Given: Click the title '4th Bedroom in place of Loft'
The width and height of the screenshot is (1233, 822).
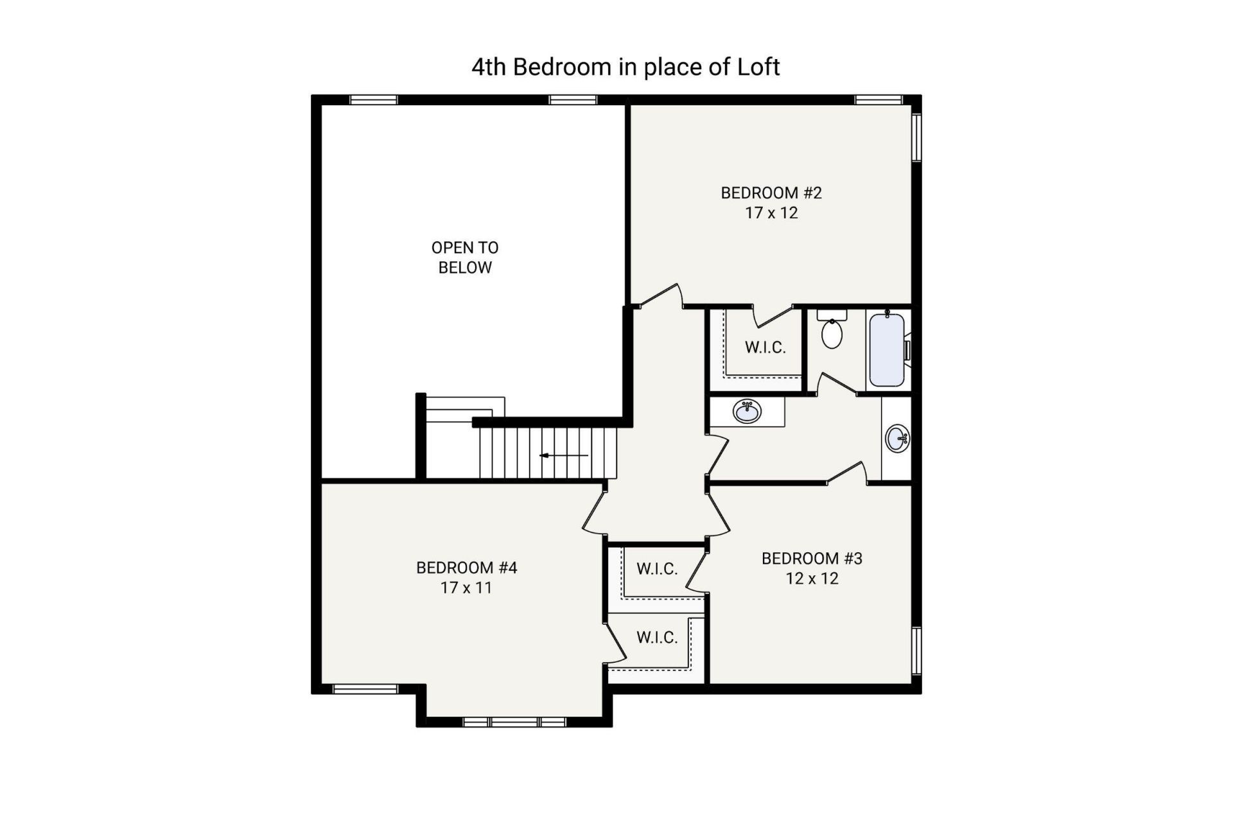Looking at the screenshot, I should click(x=625, y=67).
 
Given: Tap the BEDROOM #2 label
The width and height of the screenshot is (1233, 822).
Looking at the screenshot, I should click(x=771, y=193).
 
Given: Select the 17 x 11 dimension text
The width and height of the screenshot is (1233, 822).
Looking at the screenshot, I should click(x=466, y=588).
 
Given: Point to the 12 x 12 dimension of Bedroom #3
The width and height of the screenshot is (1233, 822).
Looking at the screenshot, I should click(x=812, y=579).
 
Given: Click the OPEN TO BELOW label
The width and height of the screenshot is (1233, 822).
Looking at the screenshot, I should click(x=464, y=258).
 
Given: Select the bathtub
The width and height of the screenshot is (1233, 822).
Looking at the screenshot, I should click(x=887, y=350).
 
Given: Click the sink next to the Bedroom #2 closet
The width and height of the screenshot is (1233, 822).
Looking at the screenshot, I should click(x=747, y=411).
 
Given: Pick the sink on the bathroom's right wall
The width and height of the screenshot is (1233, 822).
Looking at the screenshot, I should click(x=896, y=439).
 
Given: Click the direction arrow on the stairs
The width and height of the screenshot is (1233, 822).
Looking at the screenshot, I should click(x=563, y=455).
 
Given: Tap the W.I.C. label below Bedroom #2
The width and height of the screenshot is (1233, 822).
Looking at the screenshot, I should click(x=765, y=347).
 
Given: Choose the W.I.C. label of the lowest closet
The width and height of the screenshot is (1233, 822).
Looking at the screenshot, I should click(x=657, y=637).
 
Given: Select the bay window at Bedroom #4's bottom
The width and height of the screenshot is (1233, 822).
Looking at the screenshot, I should click(x=514, y=722).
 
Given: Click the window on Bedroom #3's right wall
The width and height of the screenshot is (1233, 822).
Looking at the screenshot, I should click(x=916, y=651).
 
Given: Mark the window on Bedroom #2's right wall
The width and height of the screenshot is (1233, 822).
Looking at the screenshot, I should click(x=916, y=137).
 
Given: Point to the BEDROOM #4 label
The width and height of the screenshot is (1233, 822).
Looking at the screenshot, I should click(x=466, y=568).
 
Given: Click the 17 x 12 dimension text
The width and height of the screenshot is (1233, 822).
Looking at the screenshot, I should click(x=771, y=213).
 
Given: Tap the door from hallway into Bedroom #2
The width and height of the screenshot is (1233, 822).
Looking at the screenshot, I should click(x=661, y=296).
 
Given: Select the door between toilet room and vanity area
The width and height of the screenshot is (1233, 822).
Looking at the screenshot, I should click(x=837, y=383).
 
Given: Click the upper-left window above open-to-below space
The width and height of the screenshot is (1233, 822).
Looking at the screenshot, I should click(x=373, y=100).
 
